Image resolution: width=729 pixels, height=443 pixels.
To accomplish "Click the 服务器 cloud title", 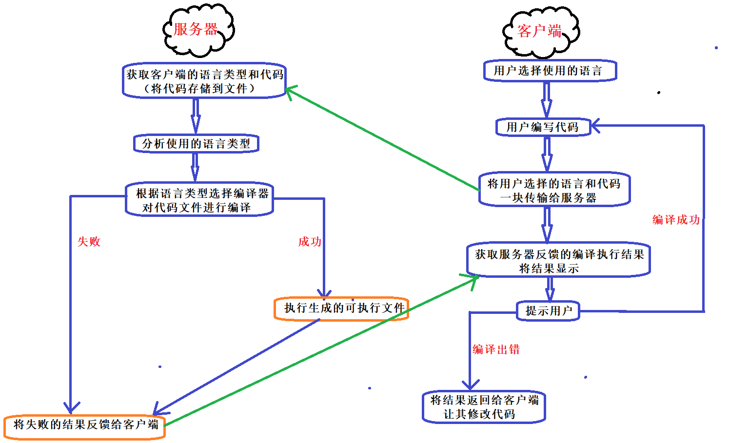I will coord(196,29).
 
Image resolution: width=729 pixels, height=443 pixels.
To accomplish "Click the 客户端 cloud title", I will coord(539,31).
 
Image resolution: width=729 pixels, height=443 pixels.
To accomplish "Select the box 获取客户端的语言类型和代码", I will coord(204,81).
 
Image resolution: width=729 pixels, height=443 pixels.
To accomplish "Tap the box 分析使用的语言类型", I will coord(196,144).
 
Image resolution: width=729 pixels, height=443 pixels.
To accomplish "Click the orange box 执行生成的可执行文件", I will coord(341,308).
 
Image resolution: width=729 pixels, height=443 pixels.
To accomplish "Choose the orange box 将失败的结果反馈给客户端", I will coord(85,425).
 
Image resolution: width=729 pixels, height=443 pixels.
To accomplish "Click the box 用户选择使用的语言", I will coord(550,71).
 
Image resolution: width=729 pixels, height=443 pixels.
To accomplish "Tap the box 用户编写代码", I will coord(543,127).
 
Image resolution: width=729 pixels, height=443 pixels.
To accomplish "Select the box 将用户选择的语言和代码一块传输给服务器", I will coord(554,190).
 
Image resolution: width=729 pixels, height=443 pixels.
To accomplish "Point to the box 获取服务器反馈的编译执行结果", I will coord(558,261).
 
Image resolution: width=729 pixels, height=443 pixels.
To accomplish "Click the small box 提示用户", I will coord(548,311).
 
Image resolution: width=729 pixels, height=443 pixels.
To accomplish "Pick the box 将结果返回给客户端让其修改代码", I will coord(484,407).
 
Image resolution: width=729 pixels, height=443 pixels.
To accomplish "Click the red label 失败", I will coord(89,242).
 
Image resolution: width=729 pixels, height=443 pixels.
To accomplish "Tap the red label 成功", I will coord(310,242).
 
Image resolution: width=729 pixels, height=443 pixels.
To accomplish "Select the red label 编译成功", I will coord(676,220).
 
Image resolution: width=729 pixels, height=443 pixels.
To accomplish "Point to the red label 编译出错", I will coord(496,349).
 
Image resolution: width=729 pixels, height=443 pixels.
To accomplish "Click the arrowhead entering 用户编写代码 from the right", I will coord(596,126).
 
